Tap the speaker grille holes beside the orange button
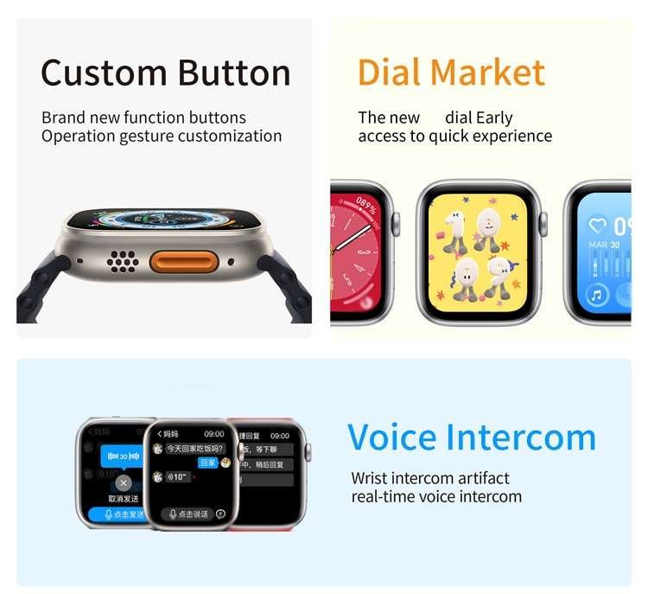pos(124,260)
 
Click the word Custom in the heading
pos(98,73)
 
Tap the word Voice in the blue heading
pos(394,438)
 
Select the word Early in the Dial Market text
pos(493,118)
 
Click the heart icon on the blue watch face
pos(596,226)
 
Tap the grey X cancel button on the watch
pos(124,483)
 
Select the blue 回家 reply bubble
pos(207,463)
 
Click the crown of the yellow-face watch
pos(544,224)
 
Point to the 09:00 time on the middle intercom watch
pos(214,433)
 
